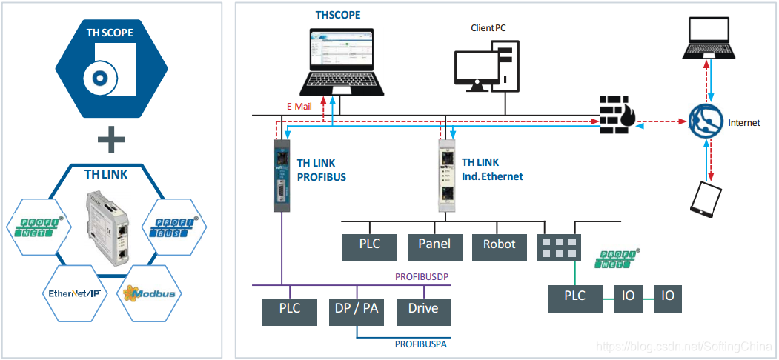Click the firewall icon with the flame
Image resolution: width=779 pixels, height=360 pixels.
615,114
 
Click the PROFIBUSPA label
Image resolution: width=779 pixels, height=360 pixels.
420,344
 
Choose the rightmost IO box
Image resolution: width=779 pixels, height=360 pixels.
667,296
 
